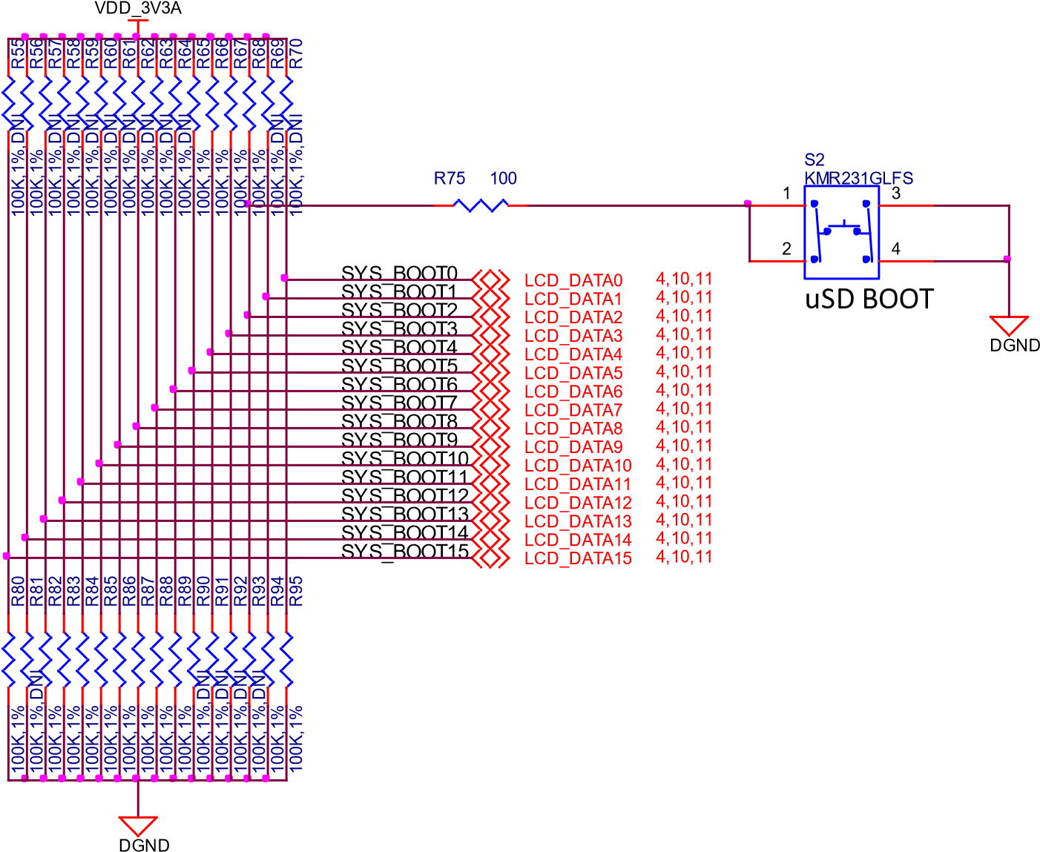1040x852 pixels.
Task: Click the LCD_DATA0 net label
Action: (x=573, y=280)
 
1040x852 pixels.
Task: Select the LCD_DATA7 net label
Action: (x=573, y=410)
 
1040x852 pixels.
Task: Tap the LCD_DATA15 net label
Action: (x=578, y=558)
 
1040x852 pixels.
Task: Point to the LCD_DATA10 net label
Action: (x=578, y=466)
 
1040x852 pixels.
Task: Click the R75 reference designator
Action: (x=450, y=179)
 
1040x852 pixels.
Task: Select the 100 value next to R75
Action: (x=504, y=179)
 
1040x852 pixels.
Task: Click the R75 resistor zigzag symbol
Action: (x=481, y=205)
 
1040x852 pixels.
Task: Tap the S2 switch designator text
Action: (x=814, y=159)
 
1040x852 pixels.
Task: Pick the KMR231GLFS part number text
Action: (x=858, y=179)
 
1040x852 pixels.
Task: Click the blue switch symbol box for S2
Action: (x=842, y=232)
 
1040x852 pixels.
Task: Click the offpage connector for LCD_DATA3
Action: (x=491, y=335)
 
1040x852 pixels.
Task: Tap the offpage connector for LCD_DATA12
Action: (x=491, y=502)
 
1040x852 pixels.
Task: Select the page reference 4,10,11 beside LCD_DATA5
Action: (x=683, y=371)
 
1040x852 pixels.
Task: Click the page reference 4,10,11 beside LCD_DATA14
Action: (x=683, y=538)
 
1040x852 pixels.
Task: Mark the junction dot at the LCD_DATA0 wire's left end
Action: (x=284, y=278)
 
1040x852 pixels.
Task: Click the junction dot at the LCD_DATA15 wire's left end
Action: (x=7, y=555)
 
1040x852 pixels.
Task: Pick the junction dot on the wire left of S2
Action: (x=748, y=203)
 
